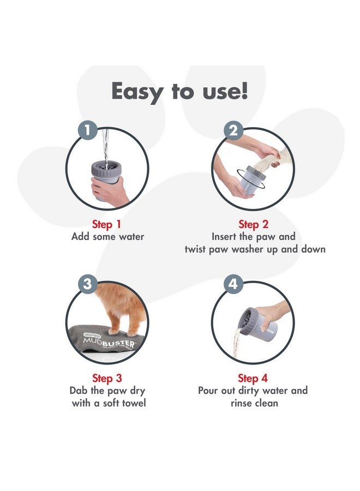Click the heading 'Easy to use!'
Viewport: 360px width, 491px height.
(x=179, y=92)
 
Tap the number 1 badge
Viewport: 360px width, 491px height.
(x=89, y=130)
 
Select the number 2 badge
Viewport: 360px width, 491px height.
(x=234, y=130)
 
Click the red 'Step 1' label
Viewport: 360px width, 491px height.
(x=107, y=224)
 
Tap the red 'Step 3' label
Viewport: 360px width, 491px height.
(x=107, y=378)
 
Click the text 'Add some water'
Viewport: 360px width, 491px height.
(x=107, y=237)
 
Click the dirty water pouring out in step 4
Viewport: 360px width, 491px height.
(x=238, y=341)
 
